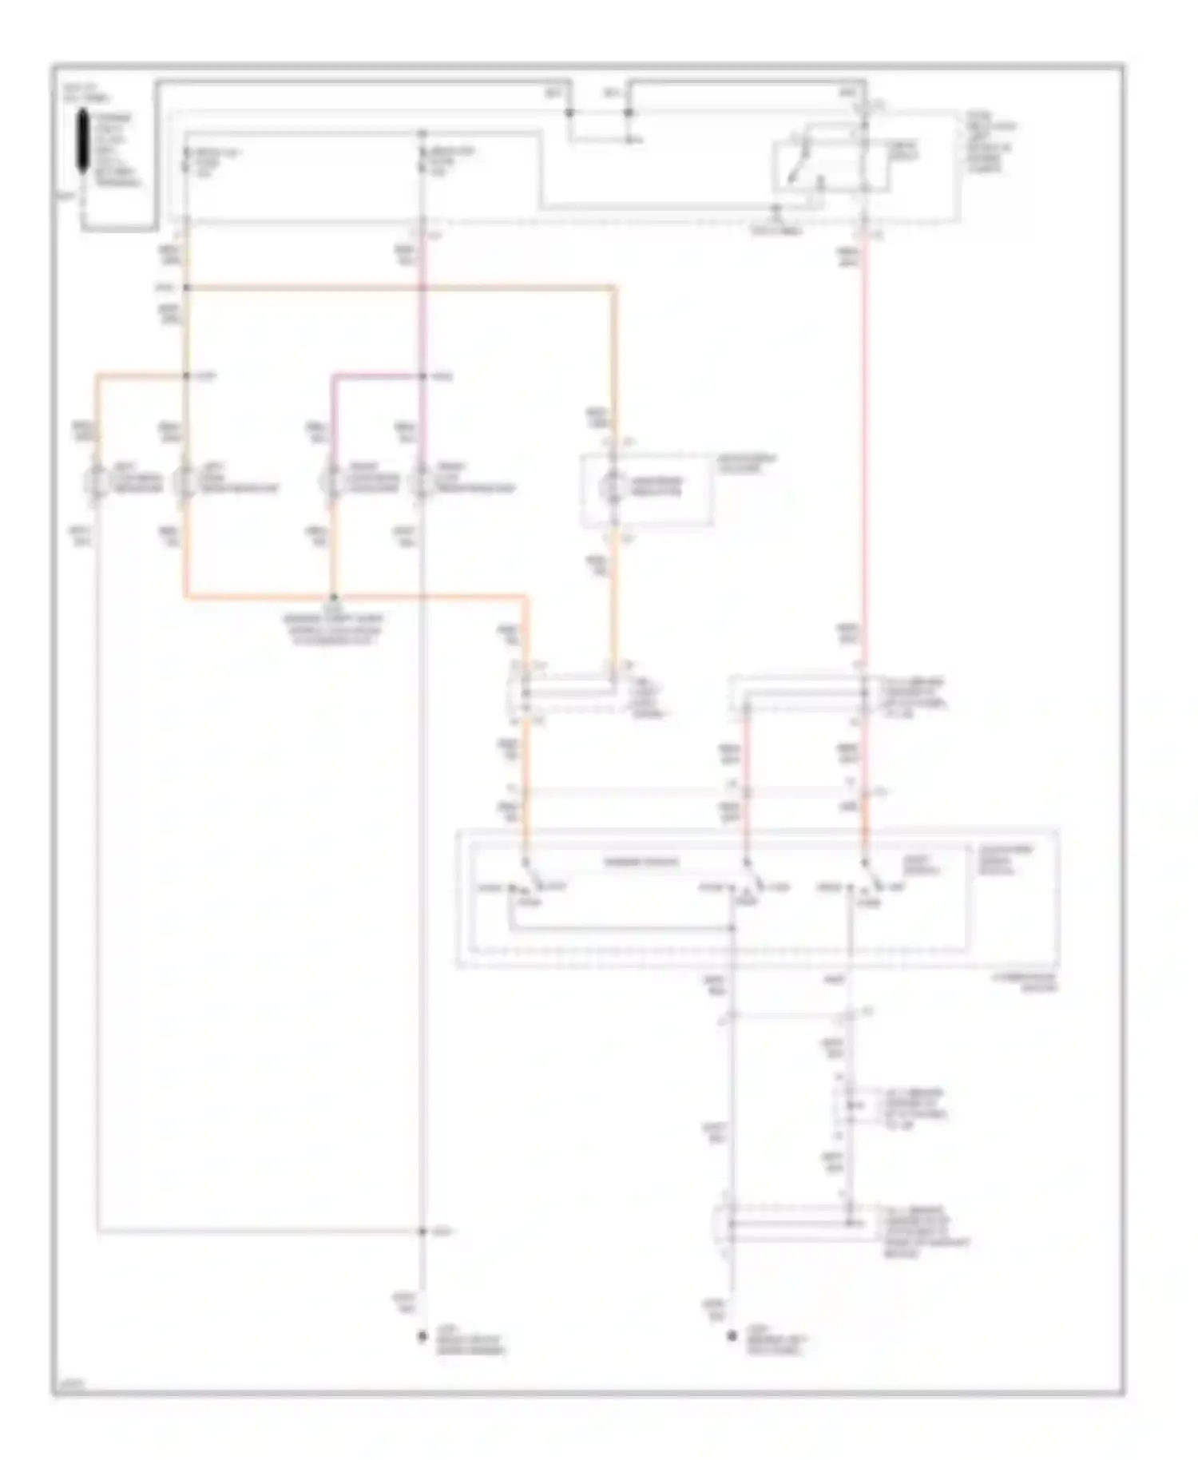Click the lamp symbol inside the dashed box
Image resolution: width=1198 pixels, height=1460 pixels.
613,486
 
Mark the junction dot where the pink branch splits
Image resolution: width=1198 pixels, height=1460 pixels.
422,375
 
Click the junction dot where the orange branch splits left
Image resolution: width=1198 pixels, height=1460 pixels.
186,375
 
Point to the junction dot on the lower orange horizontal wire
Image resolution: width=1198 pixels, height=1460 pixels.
334,597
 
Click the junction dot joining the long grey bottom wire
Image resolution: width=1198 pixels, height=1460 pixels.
422,1232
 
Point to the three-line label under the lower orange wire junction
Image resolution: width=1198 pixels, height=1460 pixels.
334,629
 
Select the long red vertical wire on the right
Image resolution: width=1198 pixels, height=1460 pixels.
864,447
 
